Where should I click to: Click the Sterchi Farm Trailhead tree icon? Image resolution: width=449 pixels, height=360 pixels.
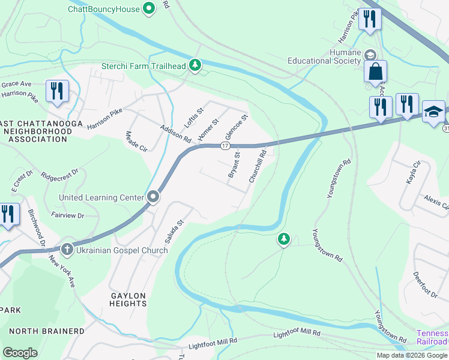pos(194,65)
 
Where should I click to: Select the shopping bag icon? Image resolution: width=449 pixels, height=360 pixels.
pos(375,71)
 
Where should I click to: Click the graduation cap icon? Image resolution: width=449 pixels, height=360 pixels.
pos(433,112)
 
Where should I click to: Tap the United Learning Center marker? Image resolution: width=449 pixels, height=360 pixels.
pos(153,197)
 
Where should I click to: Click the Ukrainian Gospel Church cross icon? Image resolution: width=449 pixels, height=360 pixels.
pos(67,249)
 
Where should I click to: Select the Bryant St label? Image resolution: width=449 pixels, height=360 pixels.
pos(234,165)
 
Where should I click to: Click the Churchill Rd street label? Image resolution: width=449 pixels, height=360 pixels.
pos(258,167)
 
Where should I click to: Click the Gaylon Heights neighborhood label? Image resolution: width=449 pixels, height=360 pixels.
pos(128,300)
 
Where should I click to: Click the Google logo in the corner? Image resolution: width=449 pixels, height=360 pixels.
pos(20,352)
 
